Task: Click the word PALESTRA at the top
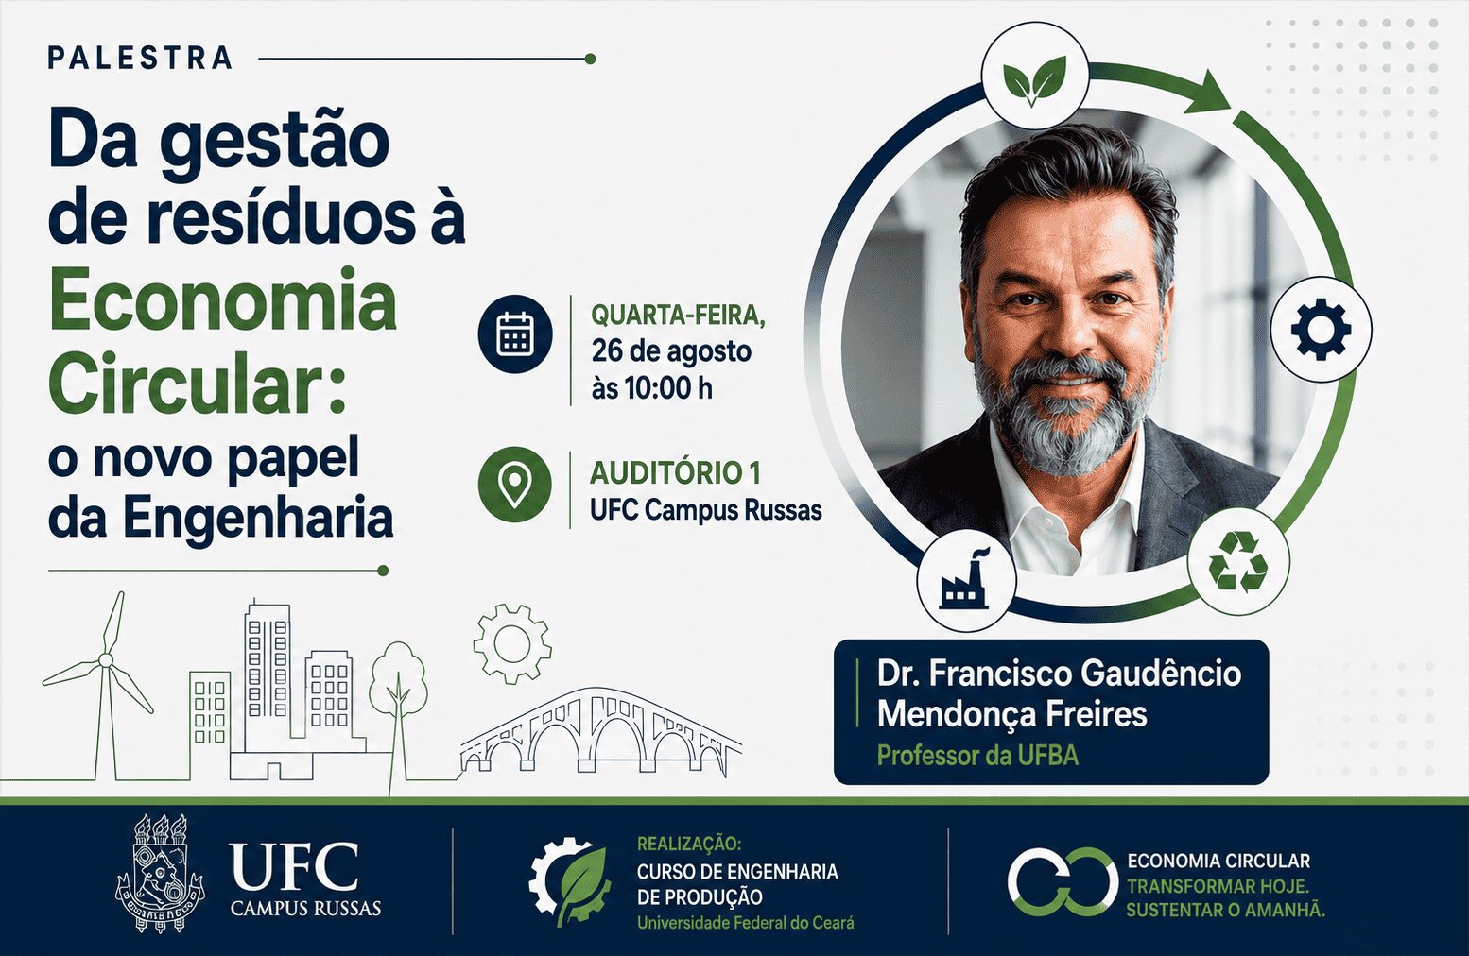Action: (140, 58)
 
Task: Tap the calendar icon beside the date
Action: (515, 334)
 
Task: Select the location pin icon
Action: (515, 485)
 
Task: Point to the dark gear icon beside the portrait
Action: (1321, 329)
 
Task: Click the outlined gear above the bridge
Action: (512, 643)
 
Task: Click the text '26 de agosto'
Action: (671, 351)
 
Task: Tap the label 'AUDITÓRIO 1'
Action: (676, 473)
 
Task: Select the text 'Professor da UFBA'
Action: (977, 756)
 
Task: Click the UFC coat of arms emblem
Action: (160, 873)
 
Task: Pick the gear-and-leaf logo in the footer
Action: (569, 880)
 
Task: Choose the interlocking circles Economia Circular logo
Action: (1063, 881)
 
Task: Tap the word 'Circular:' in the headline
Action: (198, 384)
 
